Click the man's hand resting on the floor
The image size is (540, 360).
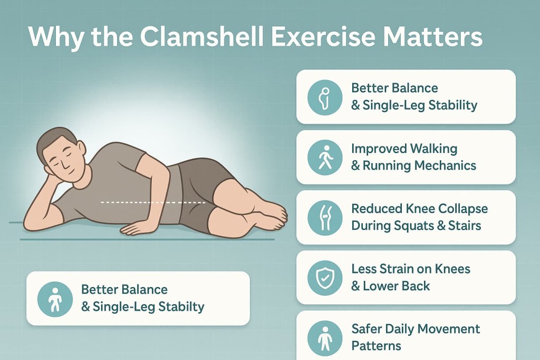tap(136, 227)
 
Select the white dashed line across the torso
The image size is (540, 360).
tap(153, 201)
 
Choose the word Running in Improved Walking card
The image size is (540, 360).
tap(387, 166)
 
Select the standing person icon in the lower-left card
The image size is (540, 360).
tap(54, 298)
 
